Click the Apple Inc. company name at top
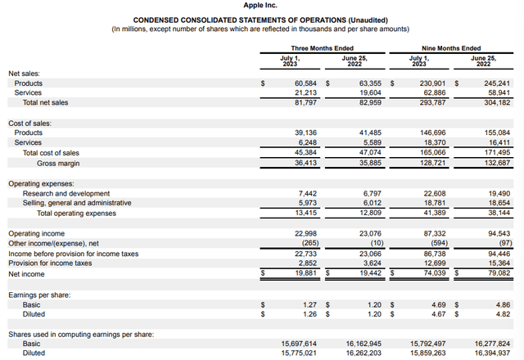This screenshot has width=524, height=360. [262, 6]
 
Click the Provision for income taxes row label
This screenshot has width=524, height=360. [51, 263]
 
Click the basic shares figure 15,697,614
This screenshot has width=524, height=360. [293, 343]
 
